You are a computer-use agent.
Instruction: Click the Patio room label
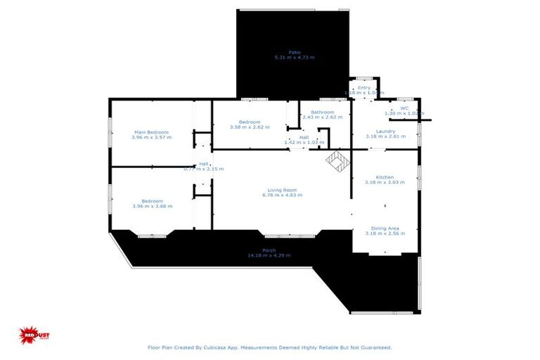point(294,51)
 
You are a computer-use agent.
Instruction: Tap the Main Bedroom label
point(151,131)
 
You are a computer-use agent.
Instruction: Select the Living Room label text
point(282,190)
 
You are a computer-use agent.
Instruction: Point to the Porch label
point(269,250)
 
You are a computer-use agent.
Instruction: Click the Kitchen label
point(385,177)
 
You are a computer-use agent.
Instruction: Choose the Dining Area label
point(385,228)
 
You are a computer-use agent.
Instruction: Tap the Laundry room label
point(385,131)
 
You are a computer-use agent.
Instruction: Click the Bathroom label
point(323,112)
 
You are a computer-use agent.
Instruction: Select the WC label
point(404,108)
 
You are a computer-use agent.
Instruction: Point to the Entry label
point(364,87)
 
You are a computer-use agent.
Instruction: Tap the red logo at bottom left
point(30,335)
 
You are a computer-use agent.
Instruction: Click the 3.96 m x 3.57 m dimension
point(151,137)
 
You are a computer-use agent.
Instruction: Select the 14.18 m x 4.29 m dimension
point(269,255)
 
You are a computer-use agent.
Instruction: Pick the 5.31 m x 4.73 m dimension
point(294,57)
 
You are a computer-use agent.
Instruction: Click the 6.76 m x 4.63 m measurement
point(282,195)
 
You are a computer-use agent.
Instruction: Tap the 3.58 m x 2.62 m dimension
point(250,127)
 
